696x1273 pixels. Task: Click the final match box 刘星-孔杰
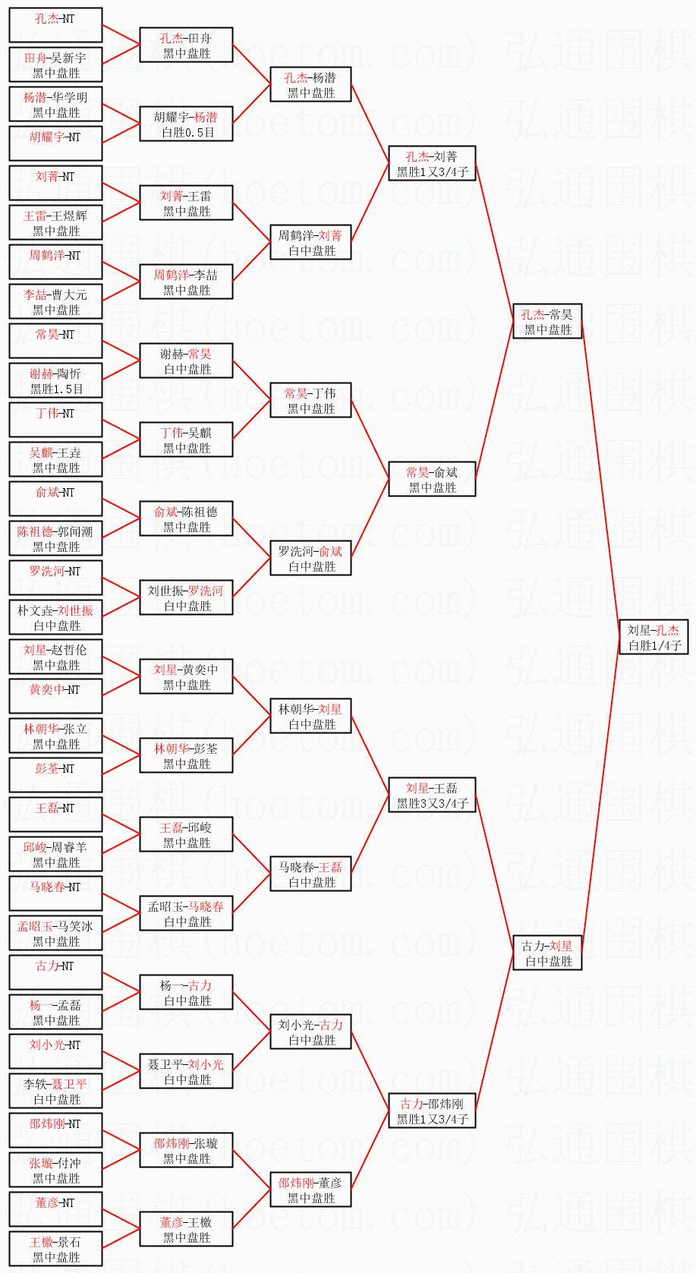[x=653, y=637]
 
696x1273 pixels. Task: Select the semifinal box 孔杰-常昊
[x=547, y=321]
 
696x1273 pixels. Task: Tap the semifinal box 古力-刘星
[x=547, y=953]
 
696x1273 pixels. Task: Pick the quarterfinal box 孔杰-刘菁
[x=432, y=163]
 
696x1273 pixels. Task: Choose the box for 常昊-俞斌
[x=432, y=479]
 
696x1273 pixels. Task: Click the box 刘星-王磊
[x=432, y=795]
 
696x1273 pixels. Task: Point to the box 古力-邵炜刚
[x=432, y=1111]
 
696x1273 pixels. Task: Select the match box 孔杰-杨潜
[x=310, y=84]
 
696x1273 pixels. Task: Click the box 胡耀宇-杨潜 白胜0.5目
[x=186, y=124]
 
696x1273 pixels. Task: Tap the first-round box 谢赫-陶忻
[x=55, y=380]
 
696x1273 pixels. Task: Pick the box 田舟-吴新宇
[x=55, y=65]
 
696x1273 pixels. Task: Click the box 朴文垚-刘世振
[x=55, y=617]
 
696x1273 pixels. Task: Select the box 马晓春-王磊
[x=310, y=874]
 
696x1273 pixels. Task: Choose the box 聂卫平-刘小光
[x=186, y=1071]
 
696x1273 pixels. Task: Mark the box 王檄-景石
[x=55, y=1249]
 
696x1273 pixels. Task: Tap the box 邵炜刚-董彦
[x=310, y=1189]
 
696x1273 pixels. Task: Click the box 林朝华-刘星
[x=310, y=716]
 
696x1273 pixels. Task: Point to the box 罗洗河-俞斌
[x=310, y=558]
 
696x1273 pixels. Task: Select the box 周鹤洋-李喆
[x=186, y=282]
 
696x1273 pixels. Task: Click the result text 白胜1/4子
[x=654, y=645]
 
